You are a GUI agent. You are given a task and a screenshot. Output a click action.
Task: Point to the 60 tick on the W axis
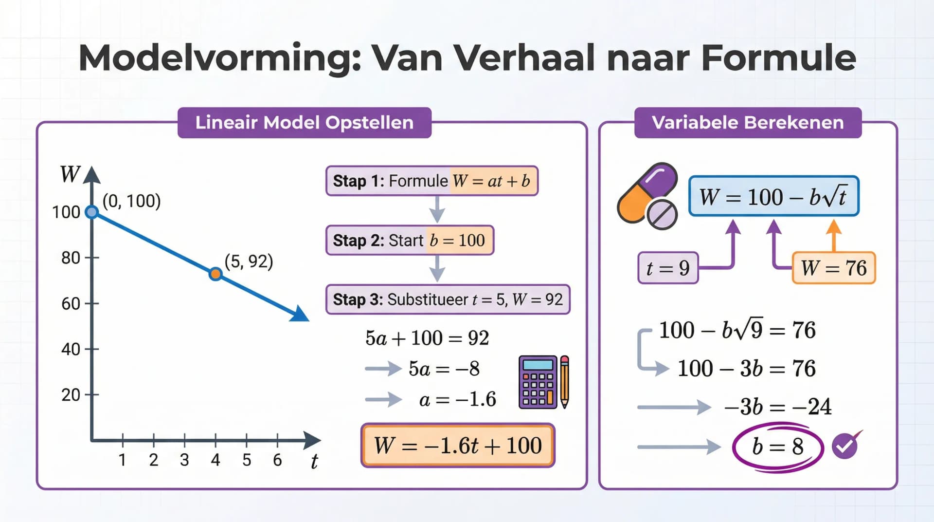tap(92, 303)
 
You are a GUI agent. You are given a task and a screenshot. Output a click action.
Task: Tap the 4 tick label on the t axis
tap(216, 460)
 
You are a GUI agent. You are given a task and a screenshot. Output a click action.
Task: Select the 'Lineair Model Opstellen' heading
tap(304, 123)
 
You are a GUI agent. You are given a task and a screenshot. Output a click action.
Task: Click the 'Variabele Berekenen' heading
tap(748, 123)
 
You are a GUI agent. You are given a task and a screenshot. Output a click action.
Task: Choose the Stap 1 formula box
tap(431, 181)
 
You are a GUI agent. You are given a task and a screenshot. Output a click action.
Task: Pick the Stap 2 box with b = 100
tap(410, 240)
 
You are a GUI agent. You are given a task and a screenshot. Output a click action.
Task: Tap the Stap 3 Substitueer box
tap(448, 299)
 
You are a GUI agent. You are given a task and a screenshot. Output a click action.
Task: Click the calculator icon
tap(538, 382)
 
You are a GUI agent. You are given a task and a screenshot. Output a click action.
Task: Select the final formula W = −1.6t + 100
tap(457, 446)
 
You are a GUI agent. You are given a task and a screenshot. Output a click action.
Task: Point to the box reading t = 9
tap(668, 268)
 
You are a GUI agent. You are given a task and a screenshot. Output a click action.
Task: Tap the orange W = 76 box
tap(833, 268)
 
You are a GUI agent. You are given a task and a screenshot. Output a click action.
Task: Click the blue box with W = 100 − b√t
tap(773, 196)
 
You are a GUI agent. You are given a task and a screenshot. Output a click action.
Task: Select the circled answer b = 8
tap(777, 447)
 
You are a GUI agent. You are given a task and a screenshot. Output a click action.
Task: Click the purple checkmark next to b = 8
tap(845, 446)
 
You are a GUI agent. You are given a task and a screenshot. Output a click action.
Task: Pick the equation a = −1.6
tap(457, 400)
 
